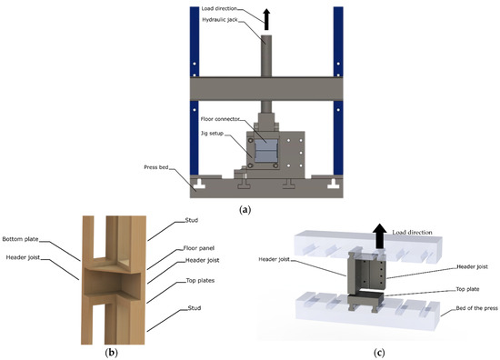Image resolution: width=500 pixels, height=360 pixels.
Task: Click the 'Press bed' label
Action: tap(169, 167)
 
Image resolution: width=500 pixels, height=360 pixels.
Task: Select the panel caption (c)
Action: tap(375, 348)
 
